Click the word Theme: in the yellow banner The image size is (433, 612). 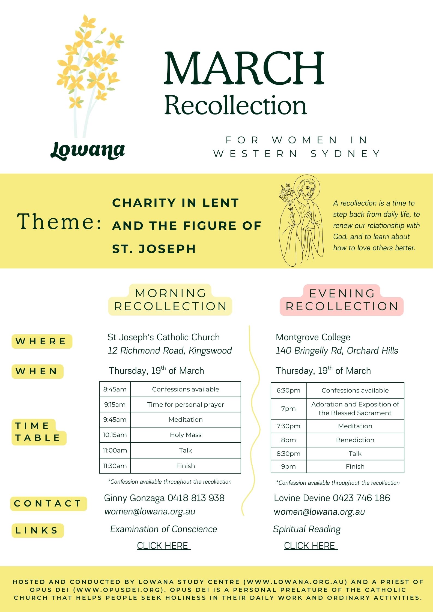(59, 221)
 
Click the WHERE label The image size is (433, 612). (41, 341)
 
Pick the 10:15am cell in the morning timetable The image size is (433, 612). (115, 435)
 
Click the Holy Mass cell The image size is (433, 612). (186, 435)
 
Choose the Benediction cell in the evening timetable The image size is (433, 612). (355, 440)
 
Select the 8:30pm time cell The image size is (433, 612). (288, 454)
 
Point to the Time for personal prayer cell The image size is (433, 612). (186, 405)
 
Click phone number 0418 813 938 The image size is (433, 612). (196, 498)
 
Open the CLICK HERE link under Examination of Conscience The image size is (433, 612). (163, 545)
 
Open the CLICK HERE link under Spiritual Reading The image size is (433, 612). (310, 545)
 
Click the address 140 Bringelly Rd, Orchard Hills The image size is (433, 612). (337, 351)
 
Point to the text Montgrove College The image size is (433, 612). (313, 337)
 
